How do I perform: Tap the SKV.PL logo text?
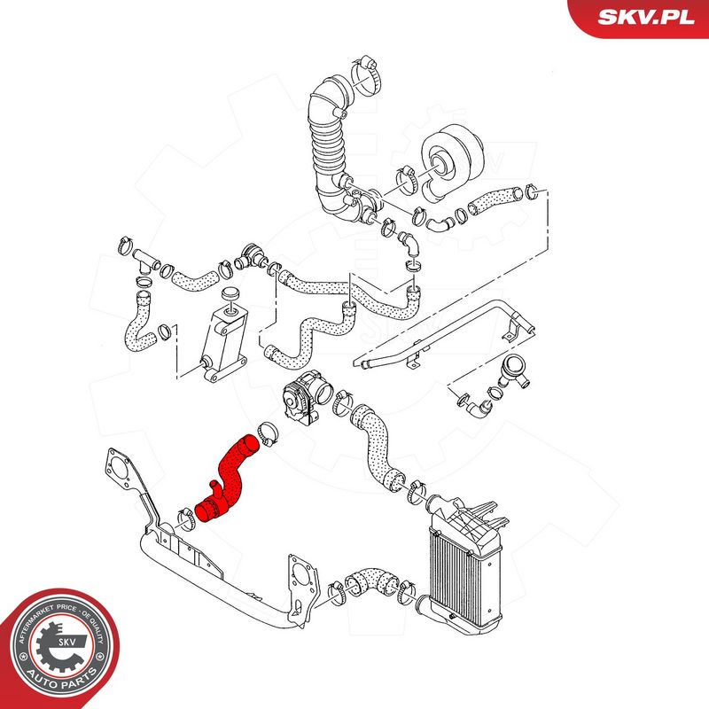click(x=646, y=17)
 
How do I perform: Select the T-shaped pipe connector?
click(x=144, y=260)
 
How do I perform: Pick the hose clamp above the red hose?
click(x=268, y=433)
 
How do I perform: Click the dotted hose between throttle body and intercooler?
click(x=376, y=448)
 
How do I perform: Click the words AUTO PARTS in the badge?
click(x=62, y=679)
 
